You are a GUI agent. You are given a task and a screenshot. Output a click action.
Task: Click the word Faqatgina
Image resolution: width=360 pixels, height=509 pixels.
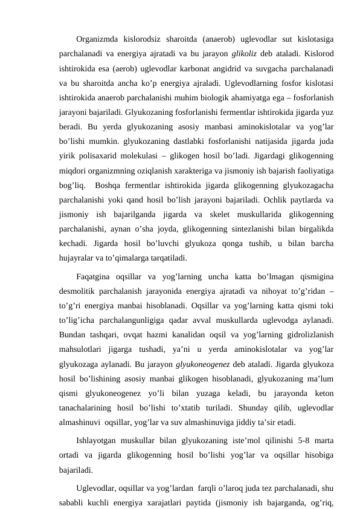(98, 277)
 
